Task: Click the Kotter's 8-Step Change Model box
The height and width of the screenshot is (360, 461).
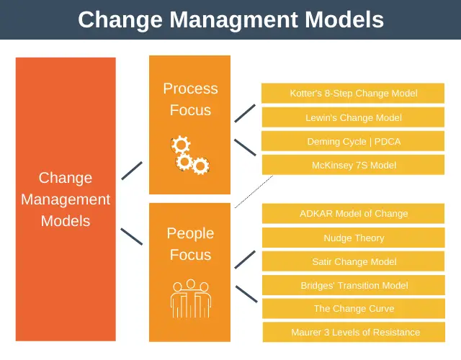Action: tap(353, 93)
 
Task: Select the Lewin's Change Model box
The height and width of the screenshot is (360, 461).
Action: tap(353, 117)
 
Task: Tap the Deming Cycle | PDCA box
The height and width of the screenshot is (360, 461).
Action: tap(353, 141)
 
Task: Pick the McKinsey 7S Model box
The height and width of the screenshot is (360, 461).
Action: tap(353, 165)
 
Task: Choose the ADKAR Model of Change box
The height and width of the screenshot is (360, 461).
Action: tap(353, 213)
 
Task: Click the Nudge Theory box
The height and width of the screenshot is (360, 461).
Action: tap(354, 238)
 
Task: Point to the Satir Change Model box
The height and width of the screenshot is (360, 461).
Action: tap(354, 261)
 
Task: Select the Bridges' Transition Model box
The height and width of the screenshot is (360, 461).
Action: tap(354, 285)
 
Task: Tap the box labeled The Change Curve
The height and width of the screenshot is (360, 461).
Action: tap(354, 309)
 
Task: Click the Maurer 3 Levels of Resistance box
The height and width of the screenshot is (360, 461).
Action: tap(354, 332)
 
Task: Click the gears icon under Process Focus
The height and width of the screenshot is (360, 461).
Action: tap(190, 155)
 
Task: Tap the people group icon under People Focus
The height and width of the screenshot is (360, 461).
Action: tap(191, 299)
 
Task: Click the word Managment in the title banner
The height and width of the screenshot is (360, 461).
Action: tap(233, 20)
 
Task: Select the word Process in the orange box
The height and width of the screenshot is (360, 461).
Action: tap(190, 89)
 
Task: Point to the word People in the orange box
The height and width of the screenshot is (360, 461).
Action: tap(190, 233)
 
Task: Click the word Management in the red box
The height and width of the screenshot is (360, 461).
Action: tap(66, 200)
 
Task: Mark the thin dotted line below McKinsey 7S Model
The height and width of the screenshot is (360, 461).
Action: tap(254, 192)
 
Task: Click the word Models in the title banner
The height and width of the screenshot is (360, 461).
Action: tap(344, 19)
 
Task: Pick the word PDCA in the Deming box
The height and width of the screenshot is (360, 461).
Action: tap(388, 142)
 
